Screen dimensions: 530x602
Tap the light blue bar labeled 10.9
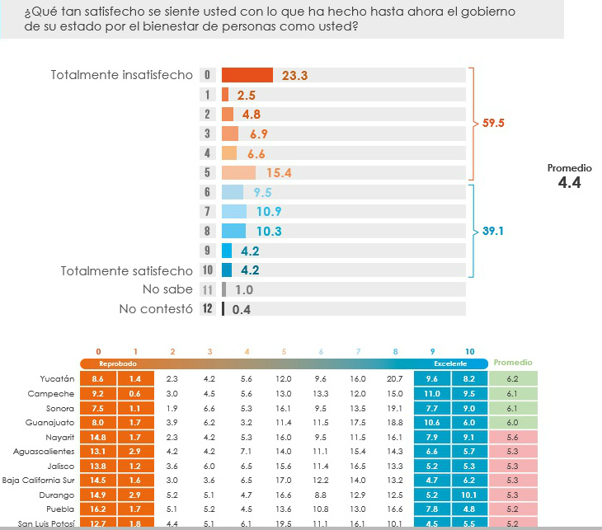click(x=234, y=212)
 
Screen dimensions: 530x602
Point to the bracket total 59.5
click(x=493, y=123)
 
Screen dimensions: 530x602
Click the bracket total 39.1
click(x=493, y=232)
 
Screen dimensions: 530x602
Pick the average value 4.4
click(x=569, y=183)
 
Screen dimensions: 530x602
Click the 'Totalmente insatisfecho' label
click(x=121, y=75)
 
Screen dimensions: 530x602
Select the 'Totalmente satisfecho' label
click(x=127, y=270)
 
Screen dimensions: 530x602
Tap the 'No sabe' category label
click(x=168, y=290)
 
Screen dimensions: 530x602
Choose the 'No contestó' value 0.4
click(x=242, y=310)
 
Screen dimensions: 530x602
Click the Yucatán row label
click(x=58, y=378)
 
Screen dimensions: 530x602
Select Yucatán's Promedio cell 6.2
click(x=512, y=378)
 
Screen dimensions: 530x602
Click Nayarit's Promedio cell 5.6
click(x=512, y=437)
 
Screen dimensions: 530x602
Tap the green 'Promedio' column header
click(x=512, y=363)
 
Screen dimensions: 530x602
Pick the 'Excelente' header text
click(x=450, y=363)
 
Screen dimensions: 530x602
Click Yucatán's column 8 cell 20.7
click(x=394, y=378)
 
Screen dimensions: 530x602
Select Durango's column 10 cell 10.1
click(x=470, y=495)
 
